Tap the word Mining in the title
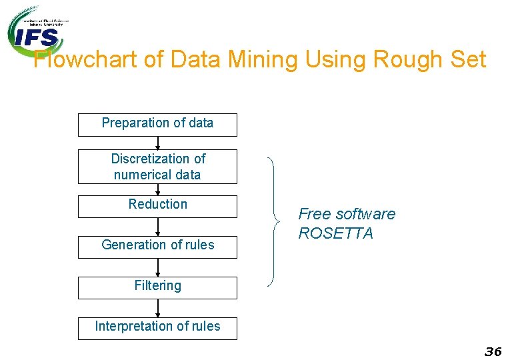pos(263,60)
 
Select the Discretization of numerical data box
pos(157,167)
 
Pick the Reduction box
pos(157,206)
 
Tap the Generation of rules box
pos(157,246)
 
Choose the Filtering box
pos(157,287)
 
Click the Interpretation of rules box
pos(157,328)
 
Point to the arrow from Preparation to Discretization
pos(158,143)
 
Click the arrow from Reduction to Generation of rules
pos(158,227)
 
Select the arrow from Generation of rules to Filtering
pos(158,267)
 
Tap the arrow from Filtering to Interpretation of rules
pos(158,309)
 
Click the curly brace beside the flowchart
pos(273,221)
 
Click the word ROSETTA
pos(335,233)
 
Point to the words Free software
pos(346,214)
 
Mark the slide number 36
pos(493,351)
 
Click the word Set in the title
pos(468,60)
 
